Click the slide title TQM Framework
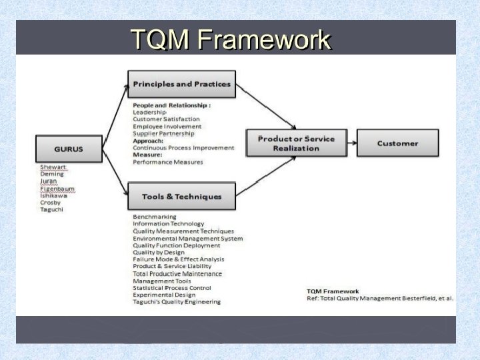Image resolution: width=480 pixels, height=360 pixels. click(x=230, y=39)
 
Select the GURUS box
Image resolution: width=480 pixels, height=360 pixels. click(x=69, y=149)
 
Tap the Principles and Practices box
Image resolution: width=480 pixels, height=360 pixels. click(x=181, y=84)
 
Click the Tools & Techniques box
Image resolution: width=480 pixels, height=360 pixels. click(x=181, y=197)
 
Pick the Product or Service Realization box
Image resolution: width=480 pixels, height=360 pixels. click(x=296, y=143)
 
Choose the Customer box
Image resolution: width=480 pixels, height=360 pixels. click(x=397, y=143)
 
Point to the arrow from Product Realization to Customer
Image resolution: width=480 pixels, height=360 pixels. click(x=345, y=143)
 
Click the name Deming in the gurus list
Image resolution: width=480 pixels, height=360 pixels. click(x=52, y=174)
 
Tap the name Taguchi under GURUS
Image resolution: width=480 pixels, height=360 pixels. click(x=53, y=210)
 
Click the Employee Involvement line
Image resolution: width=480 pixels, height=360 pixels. click(x=167, y=127)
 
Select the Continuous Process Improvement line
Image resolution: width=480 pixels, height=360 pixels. click(x=183, y=147)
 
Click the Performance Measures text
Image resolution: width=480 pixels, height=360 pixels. click(x=168, y=162)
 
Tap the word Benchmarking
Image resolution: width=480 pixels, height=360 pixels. click(x=155, y=217)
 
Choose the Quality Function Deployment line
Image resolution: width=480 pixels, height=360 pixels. click(x=176, y=245)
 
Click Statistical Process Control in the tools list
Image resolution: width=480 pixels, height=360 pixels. click(x=172, y=288)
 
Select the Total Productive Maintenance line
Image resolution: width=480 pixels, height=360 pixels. click(x=177, y=274)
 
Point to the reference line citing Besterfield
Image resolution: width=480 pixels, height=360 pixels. click(x=379, y=298)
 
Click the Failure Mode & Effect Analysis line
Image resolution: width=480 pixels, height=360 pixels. click(x=178, y=259)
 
